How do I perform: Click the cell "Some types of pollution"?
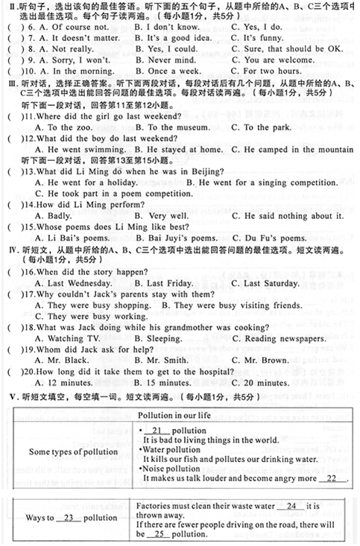73,452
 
